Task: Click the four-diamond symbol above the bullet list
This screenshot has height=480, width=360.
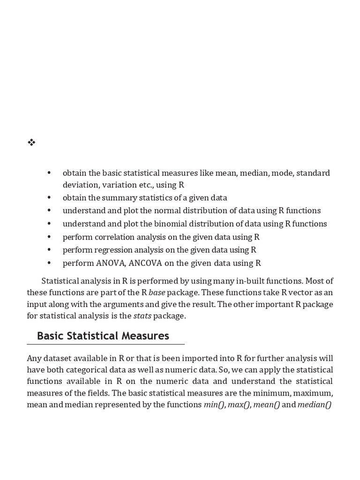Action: pyautogui.click(x=31, y=142)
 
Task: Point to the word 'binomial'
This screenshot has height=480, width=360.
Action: pyautogui.click(x=177, y=224)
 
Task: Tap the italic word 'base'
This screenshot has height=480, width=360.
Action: pyautogui.click(x=157, y=292)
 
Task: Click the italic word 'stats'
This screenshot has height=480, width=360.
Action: pyautogui.click(x=142, y=316)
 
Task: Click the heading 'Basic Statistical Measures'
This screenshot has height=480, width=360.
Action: pyautogui.click(x=103, y=336)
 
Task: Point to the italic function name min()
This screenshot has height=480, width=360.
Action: pyautogui.click(x=214, y=405)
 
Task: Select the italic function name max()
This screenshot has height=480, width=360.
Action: pyautogui.click(x=239, y=405)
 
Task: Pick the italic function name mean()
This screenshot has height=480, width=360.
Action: pyautogui.click(x=266, y=405)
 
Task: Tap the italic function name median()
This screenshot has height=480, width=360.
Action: pyautogui.click(x=314, y=405)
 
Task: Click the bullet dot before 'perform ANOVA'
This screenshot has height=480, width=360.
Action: pyautogui.click(x=49, y=263)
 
